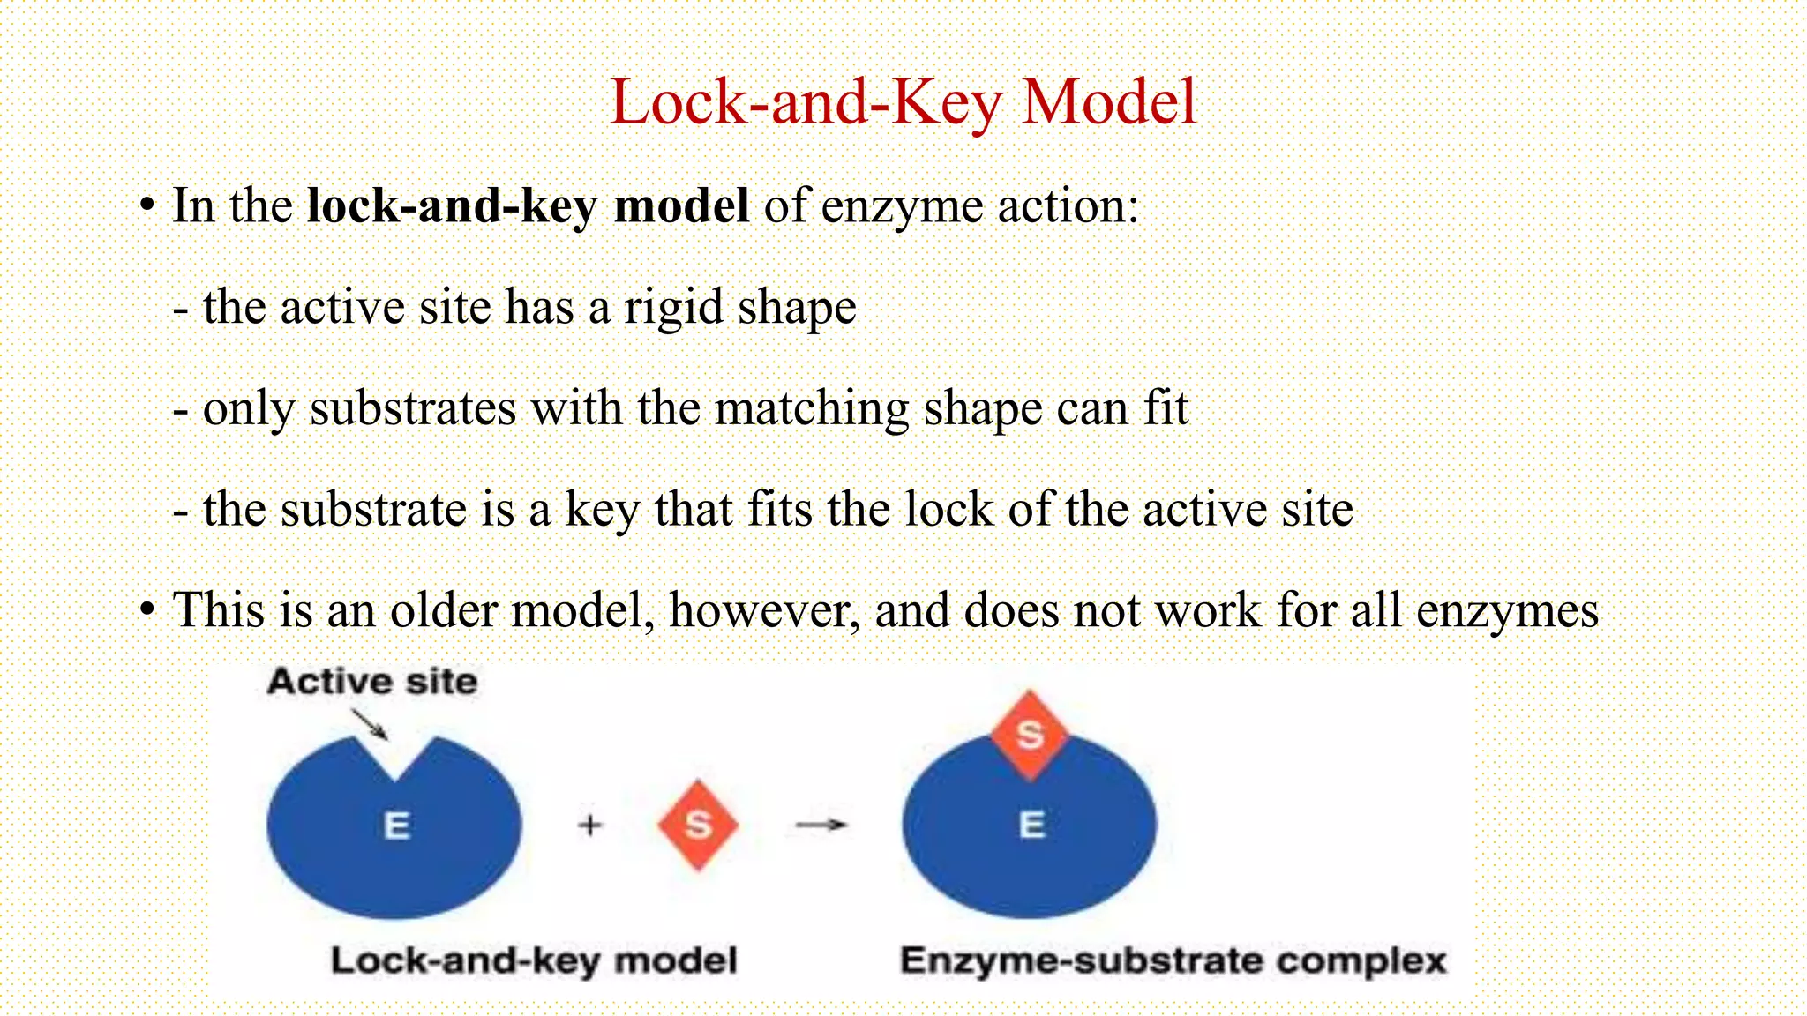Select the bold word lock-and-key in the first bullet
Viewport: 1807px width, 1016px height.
coord(451,206)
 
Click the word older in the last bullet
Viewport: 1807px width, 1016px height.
coord(443,610)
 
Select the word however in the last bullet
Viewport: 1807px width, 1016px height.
coord(764,610)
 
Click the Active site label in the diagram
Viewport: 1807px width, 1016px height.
coord(372,682)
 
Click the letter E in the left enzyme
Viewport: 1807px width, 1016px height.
coord(396,825)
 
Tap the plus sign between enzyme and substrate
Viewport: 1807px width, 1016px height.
coord(589,825)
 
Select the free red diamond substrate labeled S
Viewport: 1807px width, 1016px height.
coord(698,825)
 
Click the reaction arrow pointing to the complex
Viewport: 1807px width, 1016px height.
coord(821,825)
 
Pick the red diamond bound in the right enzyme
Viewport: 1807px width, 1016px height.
coord(1030,735)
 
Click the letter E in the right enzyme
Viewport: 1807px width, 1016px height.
coord(1031,825)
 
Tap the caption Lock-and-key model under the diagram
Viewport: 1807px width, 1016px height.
coord(534,960)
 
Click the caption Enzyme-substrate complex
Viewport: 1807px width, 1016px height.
coord(1173,960)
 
